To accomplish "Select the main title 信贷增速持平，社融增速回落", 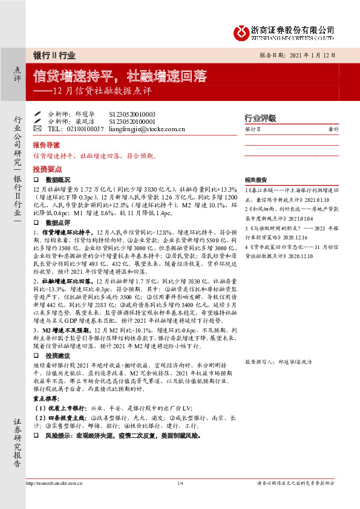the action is [x=120, y=76].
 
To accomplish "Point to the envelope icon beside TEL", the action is [x=37, y=129].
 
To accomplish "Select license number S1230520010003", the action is [x=132, y=114].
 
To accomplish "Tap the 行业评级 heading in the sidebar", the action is [x=260, y=118].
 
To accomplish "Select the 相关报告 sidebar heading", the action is [x=257, y=180].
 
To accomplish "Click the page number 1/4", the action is [x=180, y=484].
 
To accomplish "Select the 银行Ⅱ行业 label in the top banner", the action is [x=54, y=55].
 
